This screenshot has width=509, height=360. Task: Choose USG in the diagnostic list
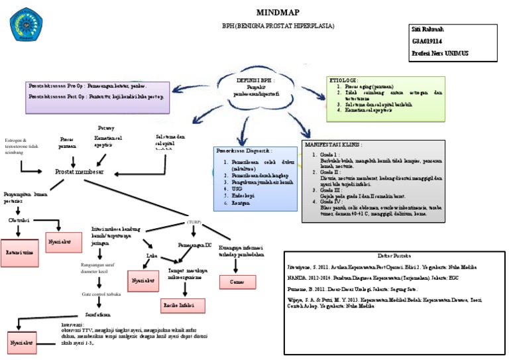point(229,188)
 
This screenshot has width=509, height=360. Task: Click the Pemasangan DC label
point(195,245)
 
